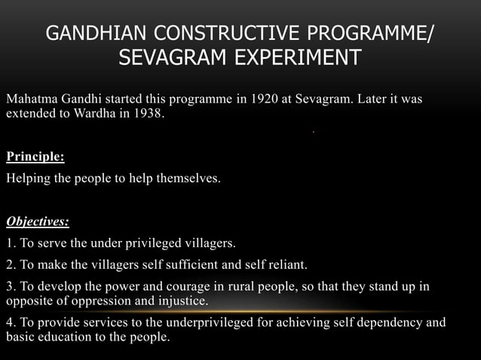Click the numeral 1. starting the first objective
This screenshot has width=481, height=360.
coord(11,244)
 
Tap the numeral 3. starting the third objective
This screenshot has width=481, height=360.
coord(11,287)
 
